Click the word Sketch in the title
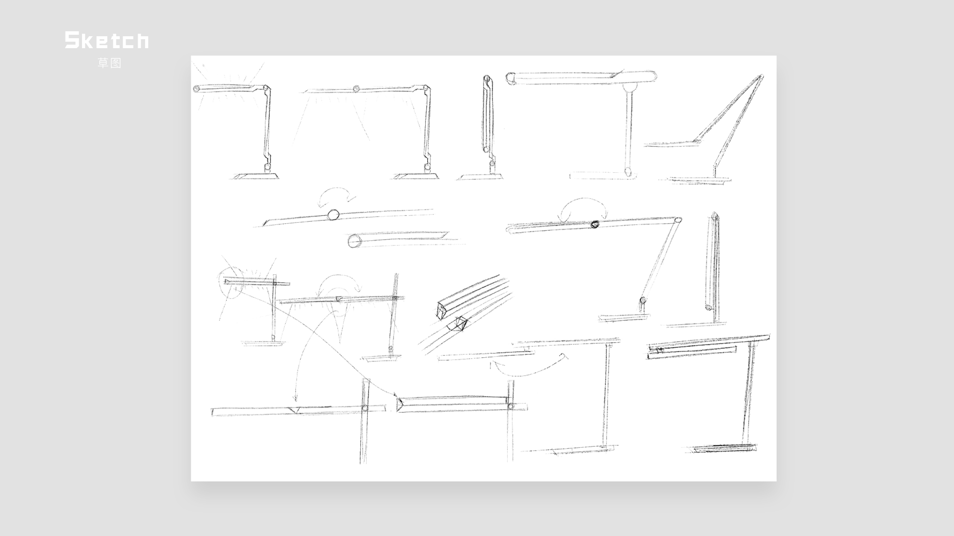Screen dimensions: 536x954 click(x=106, y=40)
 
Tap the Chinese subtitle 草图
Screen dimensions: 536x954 click(x=109, y=63)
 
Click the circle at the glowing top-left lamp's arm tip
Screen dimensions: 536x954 click(x=196, y=89)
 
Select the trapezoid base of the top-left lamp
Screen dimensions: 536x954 click(x=256, y=176)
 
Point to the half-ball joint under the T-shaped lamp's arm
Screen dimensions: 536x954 click(x=629, y=88)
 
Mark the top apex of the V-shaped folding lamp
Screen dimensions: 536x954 click(x=760, y=77)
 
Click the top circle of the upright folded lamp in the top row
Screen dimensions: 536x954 click(x=487, y=78)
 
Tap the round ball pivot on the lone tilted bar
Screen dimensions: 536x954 click(x=333, y=214)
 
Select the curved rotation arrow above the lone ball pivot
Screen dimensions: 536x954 click(x=337, y=195)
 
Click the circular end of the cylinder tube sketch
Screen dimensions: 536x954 click(x=354, y=241)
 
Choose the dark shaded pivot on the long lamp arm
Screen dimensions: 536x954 click(x=594, y=224)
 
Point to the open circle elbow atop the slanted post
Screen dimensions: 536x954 click(x=678, y=220)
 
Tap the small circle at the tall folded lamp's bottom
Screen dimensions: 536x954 click(x=708, y=308)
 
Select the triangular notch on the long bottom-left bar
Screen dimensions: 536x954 click(x=296, y=410)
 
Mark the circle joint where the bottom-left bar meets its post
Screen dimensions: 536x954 click(x=365, y=408)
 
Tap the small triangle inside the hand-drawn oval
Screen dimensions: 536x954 click(x=228, y=282)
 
